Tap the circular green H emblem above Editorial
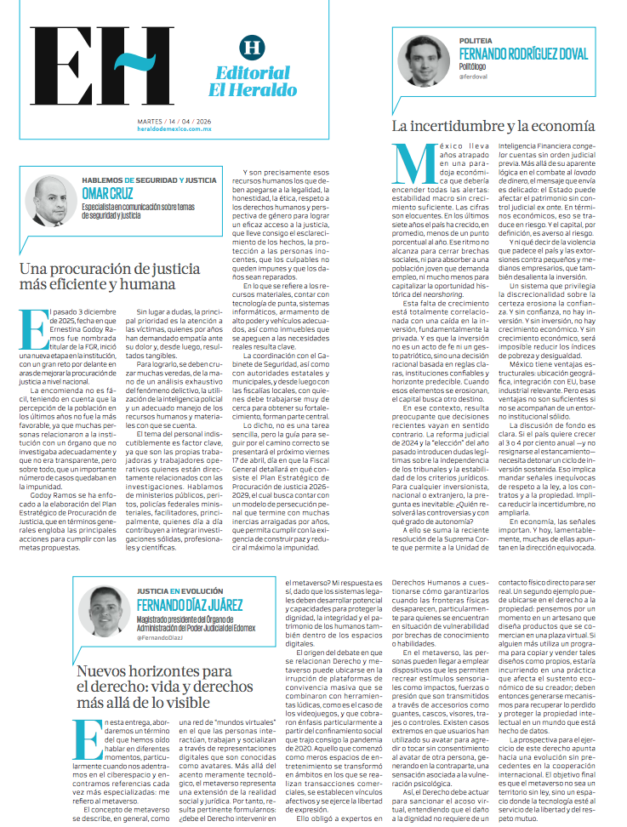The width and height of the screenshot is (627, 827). [x=251, y=47]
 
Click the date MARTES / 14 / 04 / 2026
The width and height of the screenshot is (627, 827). [x=174, y=121]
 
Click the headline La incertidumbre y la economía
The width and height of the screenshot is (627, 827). [x=493, y=126]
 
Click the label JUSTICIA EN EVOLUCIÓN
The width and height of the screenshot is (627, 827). [x=180, y=591]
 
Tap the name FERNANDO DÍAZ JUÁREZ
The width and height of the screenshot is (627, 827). [x=191, y=605]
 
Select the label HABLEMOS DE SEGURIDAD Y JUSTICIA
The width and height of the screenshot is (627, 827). [x=149, y=180]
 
